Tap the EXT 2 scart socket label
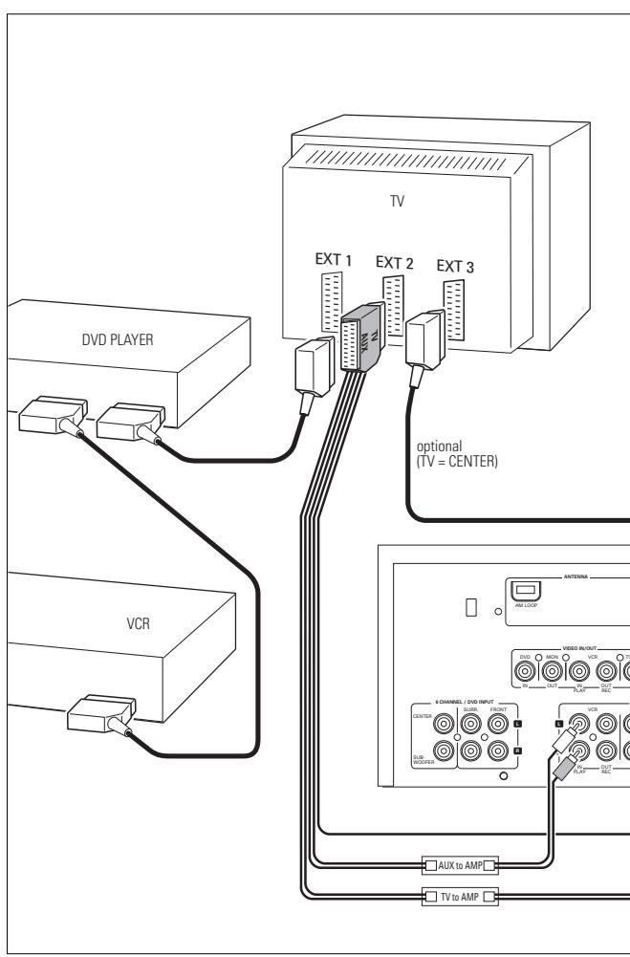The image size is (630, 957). click(393, 261)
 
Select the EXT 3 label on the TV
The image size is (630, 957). click(454, 266)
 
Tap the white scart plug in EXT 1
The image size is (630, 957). click(312, 362)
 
